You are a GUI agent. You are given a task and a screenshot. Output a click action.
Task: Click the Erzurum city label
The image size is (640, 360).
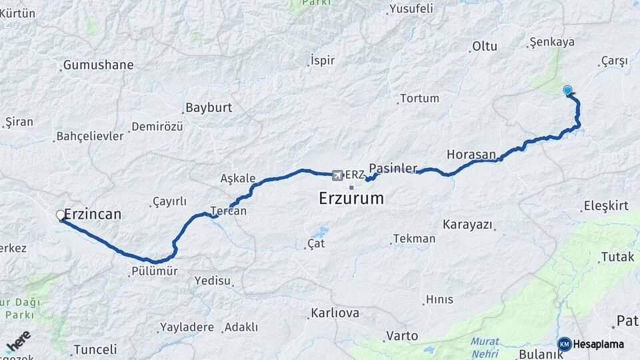(351, 198)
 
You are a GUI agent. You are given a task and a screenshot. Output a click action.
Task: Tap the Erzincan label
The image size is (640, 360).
(93, 214)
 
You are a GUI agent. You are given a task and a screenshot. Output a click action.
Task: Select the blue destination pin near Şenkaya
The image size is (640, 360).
(567, 91)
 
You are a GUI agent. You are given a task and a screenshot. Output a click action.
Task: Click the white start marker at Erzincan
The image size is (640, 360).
(61, 215)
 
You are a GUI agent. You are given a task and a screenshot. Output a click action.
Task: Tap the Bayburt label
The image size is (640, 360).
(208, 107)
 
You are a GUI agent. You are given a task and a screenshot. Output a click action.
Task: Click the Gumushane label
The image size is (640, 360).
(98, 65)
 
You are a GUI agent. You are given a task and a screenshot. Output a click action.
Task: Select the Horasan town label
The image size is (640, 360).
(471, 154)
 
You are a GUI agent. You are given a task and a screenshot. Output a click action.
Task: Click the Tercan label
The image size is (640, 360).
(228, 211)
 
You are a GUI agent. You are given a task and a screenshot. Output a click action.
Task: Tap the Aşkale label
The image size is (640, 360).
(238, 178)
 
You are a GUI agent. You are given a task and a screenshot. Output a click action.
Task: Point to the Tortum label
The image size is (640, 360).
(419, 99)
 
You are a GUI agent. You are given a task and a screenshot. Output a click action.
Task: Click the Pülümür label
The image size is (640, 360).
(154, 271)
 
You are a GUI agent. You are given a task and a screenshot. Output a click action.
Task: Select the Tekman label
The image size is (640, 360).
(414, 239)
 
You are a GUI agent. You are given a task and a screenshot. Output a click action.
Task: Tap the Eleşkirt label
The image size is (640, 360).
(605, 206)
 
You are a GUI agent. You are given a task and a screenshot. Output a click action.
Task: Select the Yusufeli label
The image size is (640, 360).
(411, 9)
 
